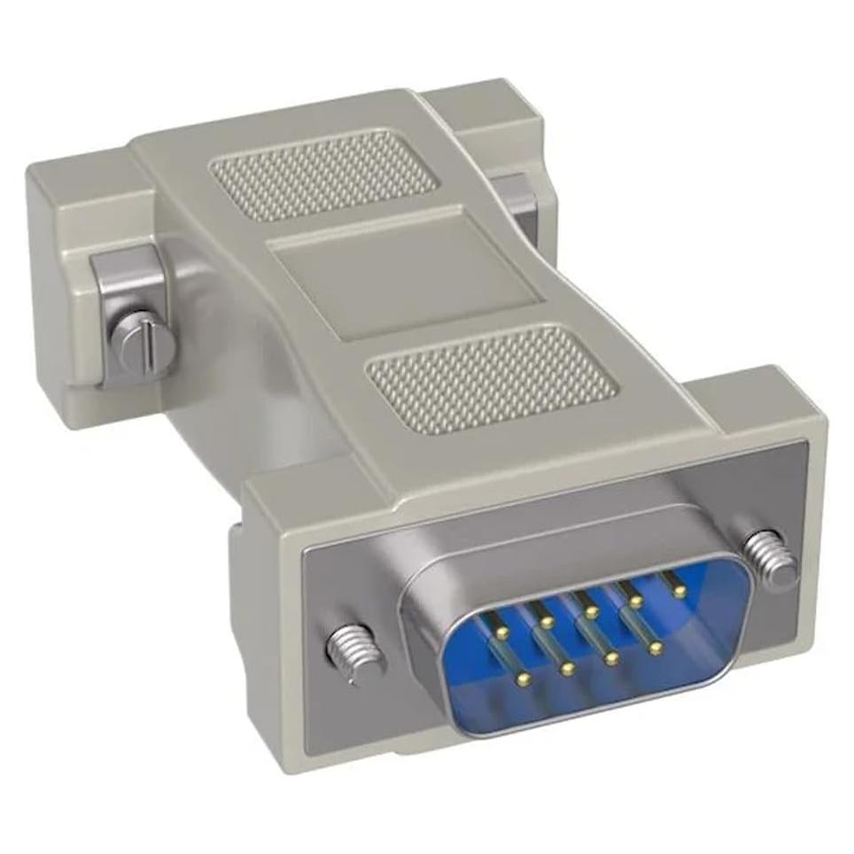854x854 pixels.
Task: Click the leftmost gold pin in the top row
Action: click(x=502, y=632)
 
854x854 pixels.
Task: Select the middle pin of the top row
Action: click(x=591, y=611)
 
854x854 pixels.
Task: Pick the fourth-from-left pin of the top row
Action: click(x=635, y=601)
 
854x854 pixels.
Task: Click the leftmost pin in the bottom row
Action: click(x=524, y=679)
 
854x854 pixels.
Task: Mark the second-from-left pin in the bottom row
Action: click(x=568, y=669)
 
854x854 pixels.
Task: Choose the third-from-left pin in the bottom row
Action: click(x=611, y=658)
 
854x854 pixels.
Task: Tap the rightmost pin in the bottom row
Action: click(x=655, y=648)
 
